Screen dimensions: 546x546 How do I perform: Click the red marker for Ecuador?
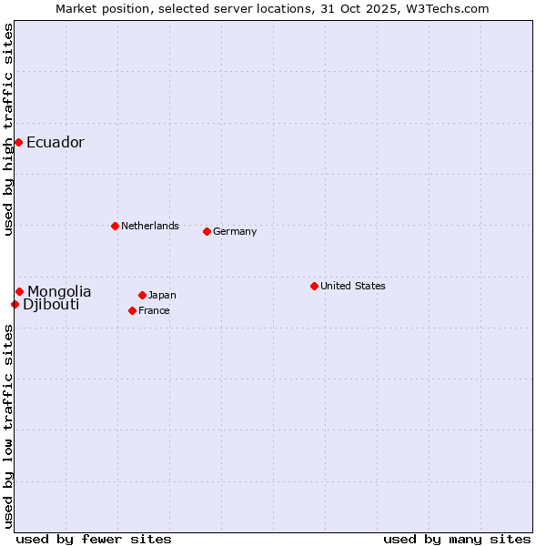[18, 142]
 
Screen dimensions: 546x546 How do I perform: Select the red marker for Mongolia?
[19, 291]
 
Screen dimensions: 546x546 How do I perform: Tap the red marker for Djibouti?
[15, 304]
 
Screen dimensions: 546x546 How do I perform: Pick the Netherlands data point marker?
[115, 226]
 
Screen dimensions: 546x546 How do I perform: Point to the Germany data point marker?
[207, 231]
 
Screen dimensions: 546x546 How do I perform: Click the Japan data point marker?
[142, 295]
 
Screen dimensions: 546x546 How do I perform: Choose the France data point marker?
[133, 310]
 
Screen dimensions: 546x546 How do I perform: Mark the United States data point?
[314, 286]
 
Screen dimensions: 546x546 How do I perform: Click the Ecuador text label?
[56, 142]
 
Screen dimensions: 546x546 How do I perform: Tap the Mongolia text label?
[59, 291]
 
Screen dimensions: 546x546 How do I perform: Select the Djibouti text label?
[51, 304]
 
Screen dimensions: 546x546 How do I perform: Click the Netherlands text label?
[150, 226]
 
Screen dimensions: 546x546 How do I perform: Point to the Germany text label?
[235, 231]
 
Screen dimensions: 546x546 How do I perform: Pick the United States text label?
[353, 286]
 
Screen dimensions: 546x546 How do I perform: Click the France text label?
[155, 310]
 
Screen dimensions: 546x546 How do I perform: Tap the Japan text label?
[162, 295]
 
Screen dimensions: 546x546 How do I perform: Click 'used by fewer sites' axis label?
[94, 539]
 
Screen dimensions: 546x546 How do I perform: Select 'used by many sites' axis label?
[457, 539]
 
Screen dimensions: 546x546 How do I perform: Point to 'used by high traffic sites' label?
[8, 129]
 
